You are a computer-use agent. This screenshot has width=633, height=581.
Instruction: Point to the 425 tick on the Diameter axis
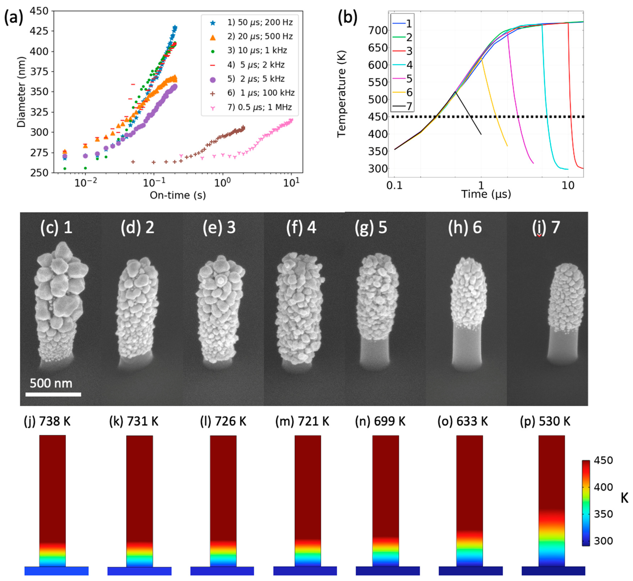point(39,31)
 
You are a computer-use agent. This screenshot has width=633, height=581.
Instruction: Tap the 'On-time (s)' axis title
point(178,196)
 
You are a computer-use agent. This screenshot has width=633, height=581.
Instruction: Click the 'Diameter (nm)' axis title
point(21,92)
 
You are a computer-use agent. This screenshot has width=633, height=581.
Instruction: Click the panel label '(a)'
point(13,17)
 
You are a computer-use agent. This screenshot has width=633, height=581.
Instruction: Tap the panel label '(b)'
point(347,17)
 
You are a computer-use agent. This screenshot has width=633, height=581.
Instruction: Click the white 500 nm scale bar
point(53,394)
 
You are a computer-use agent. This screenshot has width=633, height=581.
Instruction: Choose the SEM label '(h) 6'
point(464,227)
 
